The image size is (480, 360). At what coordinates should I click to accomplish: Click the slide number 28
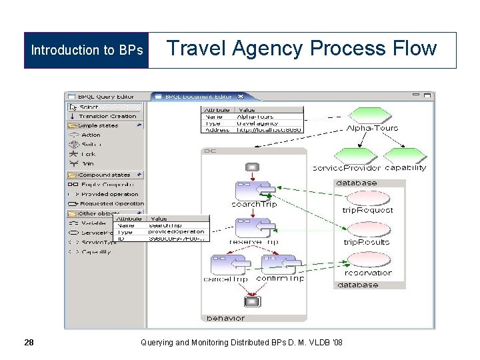tap(29, 343)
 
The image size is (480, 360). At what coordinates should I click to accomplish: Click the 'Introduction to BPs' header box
tap(87, 50)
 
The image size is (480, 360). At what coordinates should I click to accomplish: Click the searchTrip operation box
tap(253, 191)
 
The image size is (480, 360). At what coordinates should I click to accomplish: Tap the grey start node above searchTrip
tap(252, 167)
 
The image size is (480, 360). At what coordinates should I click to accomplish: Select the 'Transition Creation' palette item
tap(107, 116)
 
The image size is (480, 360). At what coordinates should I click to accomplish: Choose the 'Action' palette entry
tap(91, 135)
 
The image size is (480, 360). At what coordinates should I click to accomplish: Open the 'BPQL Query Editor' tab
tap(107, 97)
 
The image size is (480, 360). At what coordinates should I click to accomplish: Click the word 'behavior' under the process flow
tap(225, 319)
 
